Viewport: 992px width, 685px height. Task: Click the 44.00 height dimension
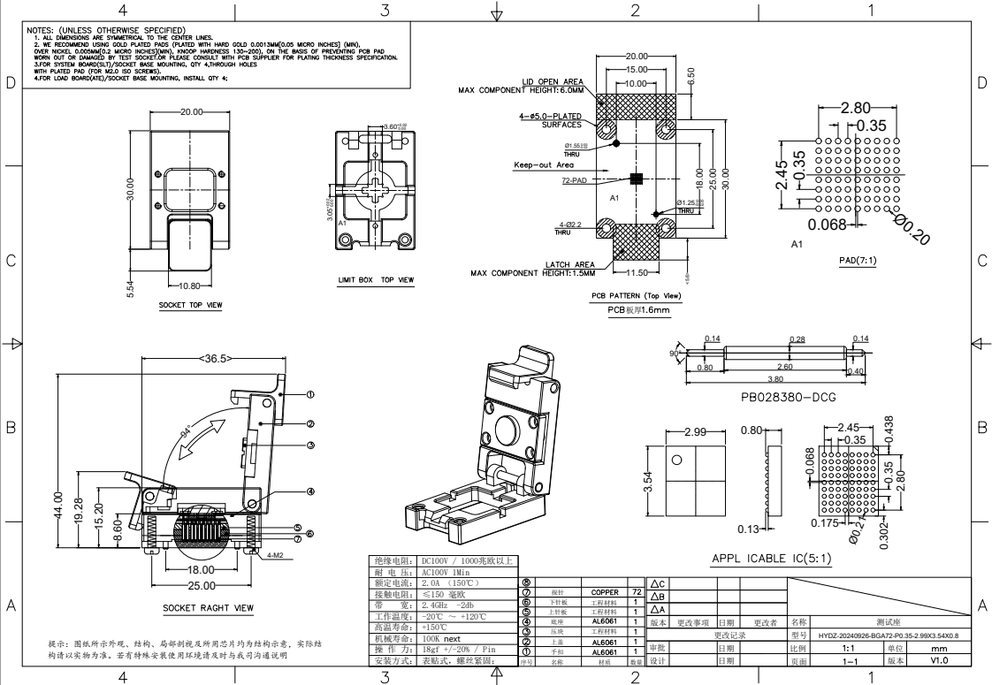58,507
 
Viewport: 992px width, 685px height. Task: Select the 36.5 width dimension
215,359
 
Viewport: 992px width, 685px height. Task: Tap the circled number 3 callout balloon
310,445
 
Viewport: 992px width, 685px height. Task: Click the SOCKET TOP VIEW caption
190,306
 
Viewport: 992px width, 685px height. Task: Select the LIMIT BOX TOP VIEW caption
376,280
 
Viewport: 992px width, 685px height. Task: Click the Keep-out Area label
544,164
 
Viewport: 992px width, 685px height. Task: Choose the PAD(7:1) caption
858,262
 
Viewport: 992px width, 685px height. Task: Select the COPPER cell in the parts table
598,592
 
